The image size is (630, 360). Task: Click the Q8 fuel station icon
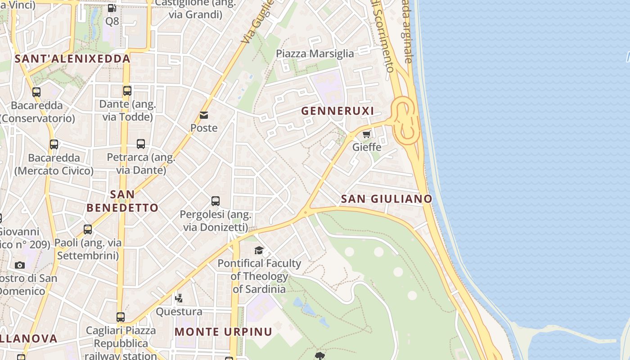pos(112,8)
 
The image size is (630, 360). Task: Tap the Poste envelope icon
pos(204,115)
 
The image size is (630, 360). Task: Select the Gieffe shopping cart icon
pos(367,134)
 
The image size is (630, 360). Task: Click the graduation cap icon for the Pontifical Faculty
pos(259,250)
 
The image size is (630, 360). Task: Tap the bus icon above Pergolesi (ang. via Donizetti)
pos(216,201)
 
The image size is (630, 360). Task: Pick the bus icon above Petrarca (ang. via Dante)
pos(141,144)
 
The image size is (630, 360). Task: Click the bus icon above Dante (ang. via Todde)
pos(127,91)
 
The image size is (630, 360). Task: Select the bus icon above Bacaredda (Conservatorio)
pos(36,92)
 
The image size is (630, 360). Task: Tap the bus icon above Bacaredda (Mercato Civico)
pos(54,144)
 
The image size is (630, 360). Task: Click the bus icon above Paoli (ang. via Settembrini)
pos(88,229)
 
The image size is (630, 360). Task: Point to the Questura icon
pos(179,298)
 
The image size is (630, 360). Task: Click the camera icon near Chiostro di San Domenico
pos(19,265)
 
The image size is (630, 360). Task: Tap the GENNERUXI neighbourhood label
pos(337,111)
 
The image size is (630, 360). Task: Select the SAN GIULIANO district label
pos(386,198)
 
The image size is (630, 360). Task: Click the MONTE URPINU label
pos(223,332)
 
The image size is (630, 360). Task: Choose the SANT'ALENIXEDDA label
pos(72,58)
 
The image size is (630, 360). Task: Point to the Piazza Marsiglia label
pos(315,54)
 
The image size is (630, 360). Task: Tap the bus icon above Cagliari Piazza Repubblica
pos(120,317)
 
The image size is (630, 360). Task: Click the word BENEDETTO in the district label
pos(122,208)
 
